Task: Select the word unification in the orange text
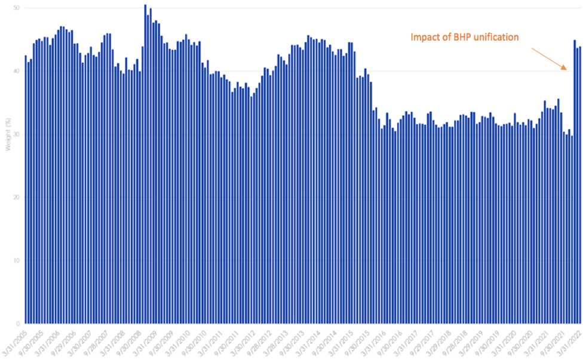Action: (x=495, y=37)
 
